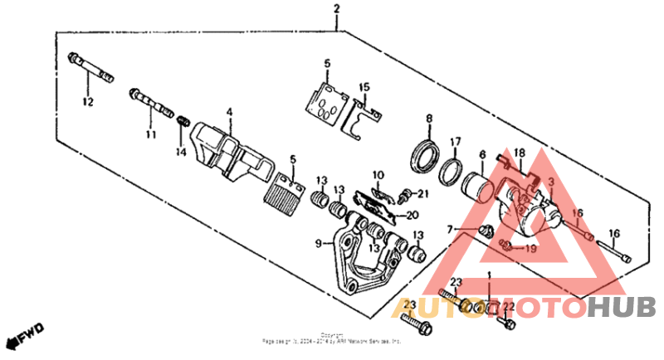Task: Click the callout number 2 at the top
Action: tap(337, 9)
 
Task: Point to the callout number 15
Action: tap(364, 87)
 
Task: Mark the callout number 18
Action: tap(520, 153)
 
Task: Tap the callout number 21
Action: tap(422, 194)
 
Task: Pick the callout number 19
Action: tap(530, 247)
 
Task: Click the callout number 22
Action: tap(510, 307)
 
